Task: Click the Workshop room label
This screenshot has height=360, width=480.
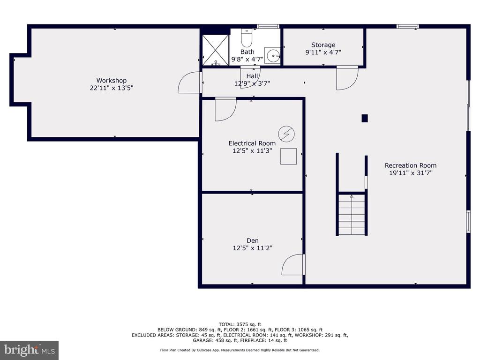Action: pyautogui.click(x=112, y=81)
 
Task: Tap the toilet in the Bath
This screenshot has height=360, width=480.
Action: pyautogui.click(x=247, y=37)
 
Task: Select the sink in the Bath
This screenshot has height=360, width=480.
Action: pyautogui.click(x=272, y=55)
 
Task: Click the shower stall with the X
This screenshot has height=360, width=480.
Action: pyautogui.click(x=216, y=50)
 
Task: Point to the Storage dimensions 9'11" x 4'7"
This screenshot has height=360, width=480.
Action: pyautogui.click(x=323, y=52)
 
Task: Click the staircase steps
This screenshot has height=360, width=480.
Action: pyautogui.click(x=352, y=214)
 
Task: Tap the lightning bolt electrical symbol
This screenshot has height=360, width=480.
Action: pyautogui.click(x=286, y=134)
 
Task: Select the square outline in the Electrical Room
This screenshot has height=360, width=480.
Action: pyautogui.click(x=288, y=156)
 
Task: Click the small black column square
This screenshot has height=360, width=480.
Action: pyautogui.click(x=365, y=118)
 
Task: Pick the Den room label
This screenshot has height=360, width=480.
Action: pyautogui.click(x=253, y=240)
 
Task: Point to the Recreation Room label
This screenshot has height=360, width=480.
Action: pyautogui.click(x=411, y=165)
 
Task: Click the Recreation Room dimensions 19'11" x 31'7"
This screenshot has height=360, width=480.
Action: pyautogui.click(x=411, y=173)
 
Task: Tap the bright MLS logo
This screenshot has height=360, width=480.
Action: pyautogui.click(x=29, y=350)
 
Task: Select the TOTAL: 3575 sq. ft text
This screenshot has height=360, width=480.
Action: pyautogui.click(x=240, y=324)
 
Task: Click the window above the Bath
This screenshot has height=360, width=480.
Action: pyautogui.click(x=268, y=26)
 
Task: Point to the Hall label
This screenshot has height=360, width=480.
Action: pyautogui.click(x=252, y=76)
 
